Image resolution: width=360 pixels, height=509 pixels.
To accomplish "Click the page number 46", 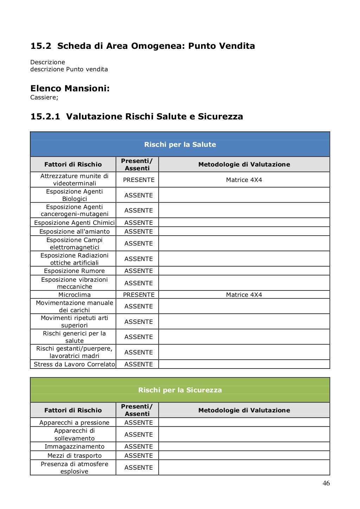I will (x=326, y=483).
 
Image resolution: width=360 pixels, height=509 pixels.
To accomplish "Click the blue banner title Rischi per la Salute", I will (x=180, y=144).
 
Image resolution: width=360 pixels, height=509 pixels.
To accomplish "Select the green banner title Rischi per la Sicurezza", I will (x=180, y=390).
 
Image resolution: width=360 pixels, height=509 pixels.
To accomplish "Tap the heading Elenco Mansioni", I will (x=70, y=88).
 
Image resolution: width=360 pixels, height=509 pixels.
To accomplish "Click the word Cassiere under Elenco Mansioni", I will (x=44, y=97).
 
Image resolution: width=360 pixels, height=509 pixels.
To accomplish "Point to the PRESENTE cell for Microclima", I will (x=139, y=295).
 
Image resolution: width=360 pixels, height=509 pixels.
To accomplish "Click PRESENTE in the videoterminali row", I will (x=139, y=180).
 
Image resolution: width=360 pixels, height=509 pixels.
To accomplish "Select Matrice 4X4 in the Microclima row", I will (x=244, y=295).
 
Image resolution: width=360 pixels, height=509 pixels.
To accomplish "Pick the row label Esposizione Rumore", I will (x=74, y=271).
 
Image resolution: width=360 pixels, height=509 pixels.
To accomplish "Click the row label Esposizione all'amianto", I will (x=74, y=231).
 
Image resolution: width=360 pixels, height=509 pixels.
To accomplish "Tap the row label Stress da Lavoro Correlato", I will (x=74, y=364).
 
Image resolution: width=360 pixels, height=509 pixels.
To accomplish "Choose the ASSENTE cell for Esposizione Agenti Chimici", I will (x=139, y=223).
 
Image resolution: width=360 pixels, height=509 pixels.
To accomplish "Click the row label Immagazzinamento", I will (x=74, y=446).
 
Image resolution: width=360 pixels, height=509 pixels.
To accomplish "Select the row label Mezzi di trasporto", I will (x=74, y=456).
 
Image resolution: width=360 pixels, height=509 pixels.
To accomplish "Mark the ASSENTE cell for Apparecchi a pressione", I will (x=139, y=423).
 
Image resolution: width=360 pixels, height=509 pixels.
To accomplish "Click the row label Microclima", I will (x=74, y=295).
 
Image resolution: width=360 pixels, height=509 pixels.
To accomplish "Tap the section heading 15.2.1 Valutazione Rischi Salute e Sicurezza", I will (x=137, y=116).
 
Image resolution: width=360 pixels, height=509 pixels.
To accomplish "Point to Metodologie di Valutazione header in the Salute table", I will (x=244, y=164).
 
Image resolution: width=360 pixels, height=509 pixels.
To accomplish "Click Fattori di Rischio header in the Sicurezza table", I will (x=73, y=410).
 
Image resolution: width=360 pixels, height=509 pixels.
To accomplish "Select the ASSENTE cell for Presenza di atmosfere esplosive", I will (x=139, y=468).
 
